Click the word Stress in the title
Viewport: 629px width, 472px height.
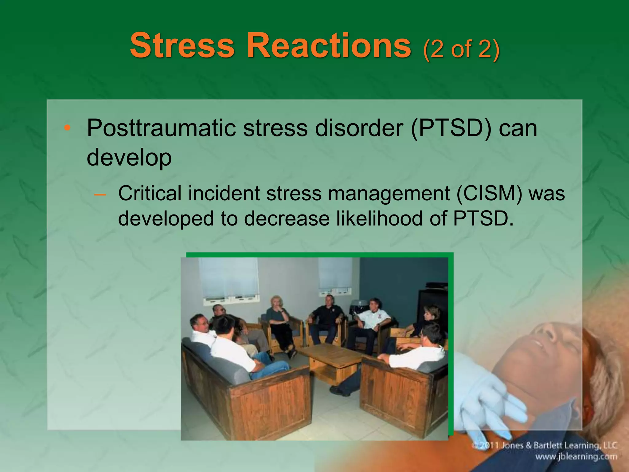pos(182,46)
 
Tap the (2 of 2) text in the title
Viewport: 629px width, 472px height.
pos(461,49)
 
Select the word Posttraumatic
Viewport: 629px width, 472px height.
pos(161,128)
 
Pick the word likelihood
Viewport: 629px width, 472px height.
pos(379,219)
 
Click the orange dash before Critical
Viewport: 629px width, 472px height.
pos(100,195)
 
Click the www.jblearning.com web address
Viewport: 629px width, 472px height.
pos(576,457)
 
